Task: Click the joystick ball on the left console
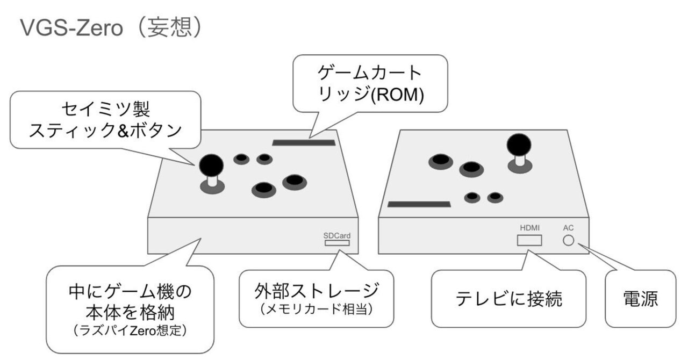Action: coord(212,164)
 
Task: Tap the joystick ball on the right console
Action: coord(519,143)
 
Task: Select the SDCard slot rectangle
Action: coord(336,243)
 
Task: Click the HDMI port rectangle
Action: coord(529,240)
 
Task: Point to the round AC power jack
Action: coord(569,240)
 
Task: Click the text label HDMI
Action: coord(529,228)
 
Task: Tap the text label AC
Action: coord(568,228)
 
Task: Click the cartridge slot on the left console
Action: coord(304,142)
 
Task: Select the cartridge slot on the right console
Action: coord(419,204)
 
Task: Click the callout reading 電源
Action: coord(640,299)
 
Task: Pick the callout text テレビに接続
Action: coord(508,299)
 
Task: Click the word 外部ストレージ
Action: coord(317,291)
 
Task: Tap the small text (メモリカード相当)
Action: coord(317,310)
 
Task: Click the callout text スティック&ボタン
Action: coord(105,131)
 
